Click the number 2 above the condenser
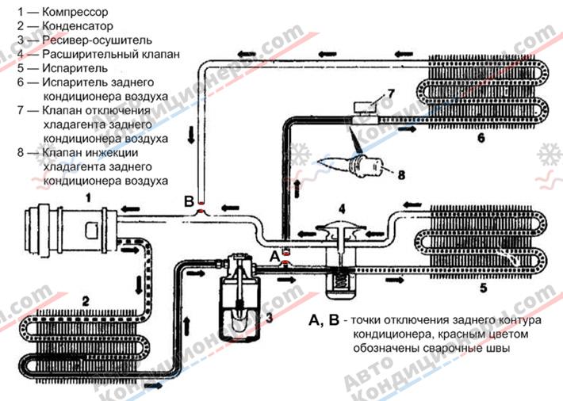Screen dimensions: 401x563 point(86,300)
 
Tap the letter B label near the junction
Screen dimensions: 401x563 point(189,201)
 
